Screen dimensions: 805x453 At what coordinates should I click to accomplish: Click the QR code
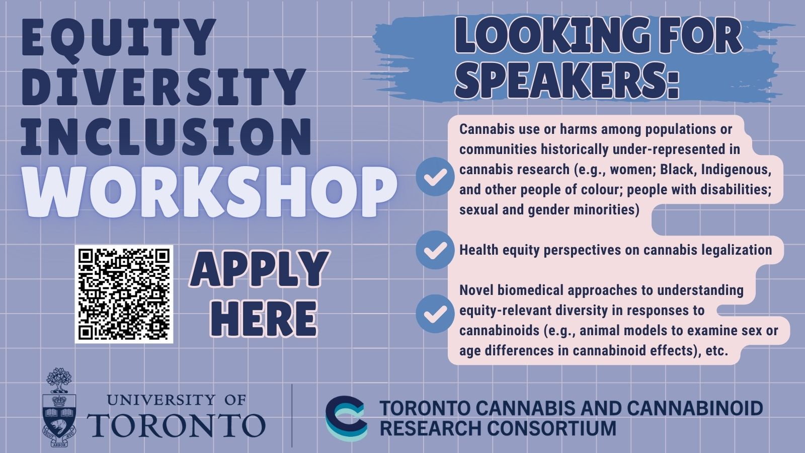tap(124, 294)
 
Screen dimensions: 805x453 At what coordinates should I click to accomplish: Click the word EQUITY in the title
tap(119, 37)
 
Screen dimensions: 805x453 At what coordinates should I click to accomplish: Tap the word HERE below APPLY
tap(264, 319)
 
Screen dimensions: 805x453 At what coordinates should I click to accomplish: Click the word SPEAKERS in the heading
tap(567, 80)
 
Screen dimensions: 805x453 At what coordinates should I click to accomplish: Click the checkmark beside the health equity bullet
tap(435, 250)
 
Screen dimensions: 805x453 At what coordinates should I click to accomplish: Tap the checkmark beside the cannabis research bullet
tap(435, 177)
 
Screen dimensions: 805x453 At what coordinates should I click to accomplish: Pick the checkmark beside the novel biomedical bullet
tap(435, 314)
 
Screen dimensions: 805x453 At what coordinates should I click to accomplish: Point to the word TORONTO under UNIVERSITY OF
tap(176, 425)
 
